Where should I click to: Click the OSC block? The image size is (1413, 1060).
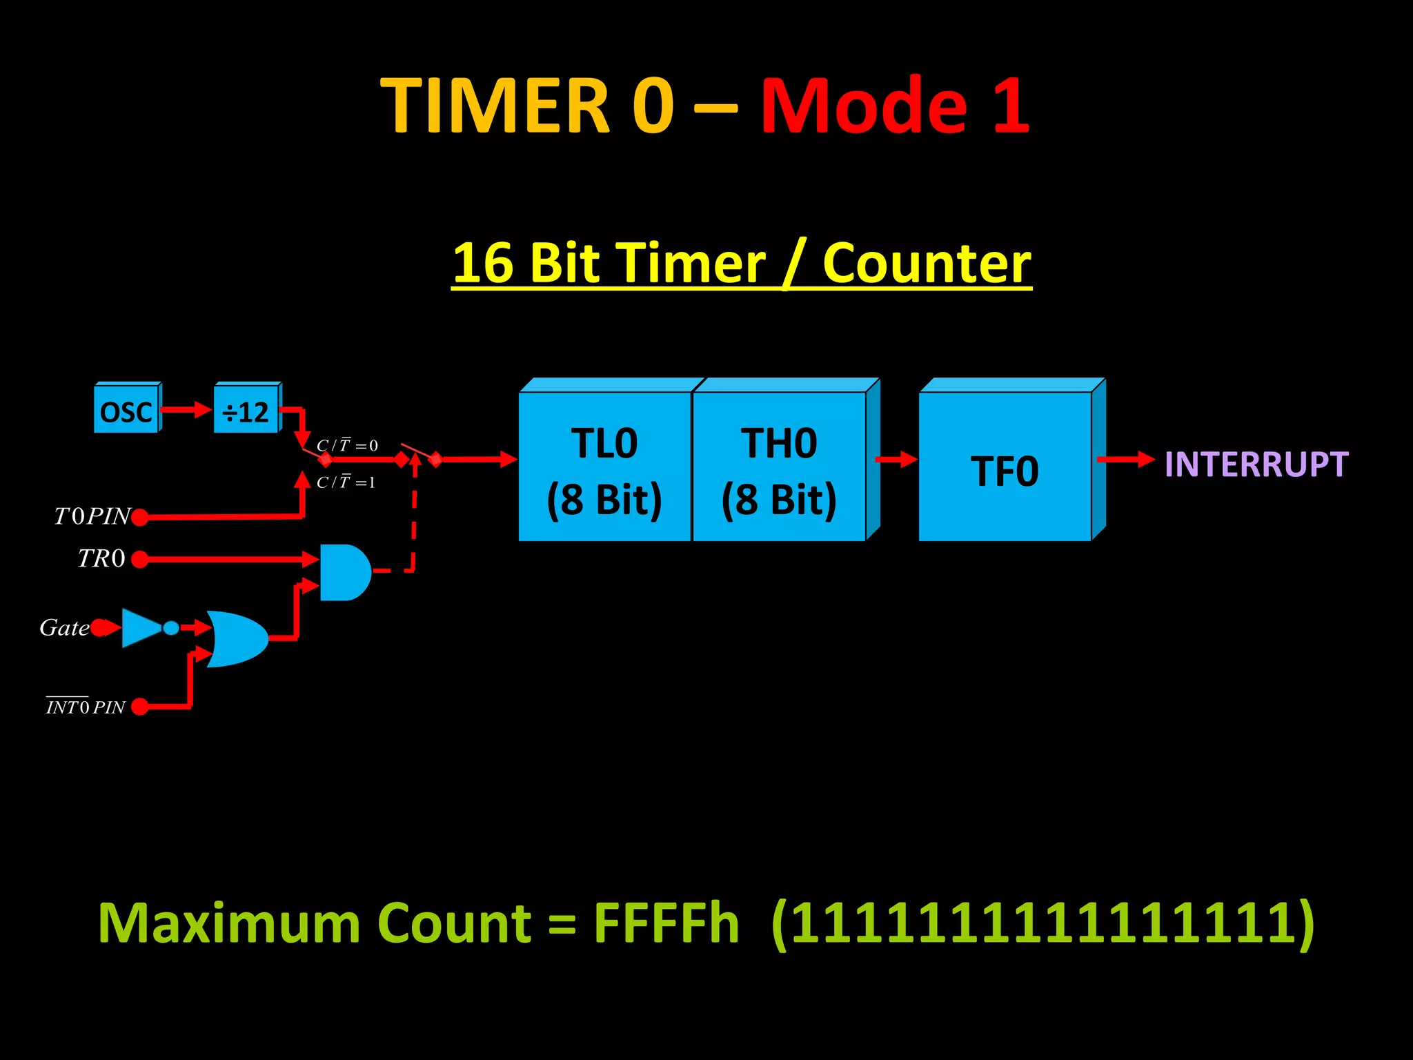click(126, 412)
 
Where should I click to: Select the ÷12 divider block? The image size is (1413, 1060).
click(246, 412)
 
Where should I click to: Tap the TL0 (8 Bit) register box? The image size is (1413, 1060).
click(604, 468)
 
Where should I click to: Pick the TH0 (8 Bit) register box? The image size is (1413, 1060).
click(779, 468)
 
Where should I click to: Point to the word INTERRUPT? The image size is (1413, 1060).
click(1256, 464)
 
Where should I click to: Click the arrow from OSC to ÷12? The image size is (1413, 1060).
click(186, 410)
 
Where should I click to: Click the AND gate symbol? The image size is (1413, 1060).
click(344, 572)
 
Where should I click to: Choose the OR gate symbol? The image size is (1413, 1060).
click(237, 638)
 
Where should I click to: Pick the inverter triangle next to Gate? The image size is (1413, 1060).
click(141, 627)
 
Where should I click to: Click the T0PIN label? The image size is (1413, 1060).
click(92, 516)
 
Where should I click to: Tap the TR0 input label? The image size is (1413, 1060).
click(101, 558)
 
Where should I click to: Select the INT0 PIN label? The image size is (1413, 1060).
click(86, 707)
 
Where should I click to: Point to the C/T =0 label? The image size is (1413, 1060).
click(347, 445)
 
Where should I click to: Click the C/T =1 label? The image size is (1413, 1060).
click(346, 482)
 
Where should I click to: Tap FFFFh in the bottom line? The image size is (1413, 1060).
click(666, 923)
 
